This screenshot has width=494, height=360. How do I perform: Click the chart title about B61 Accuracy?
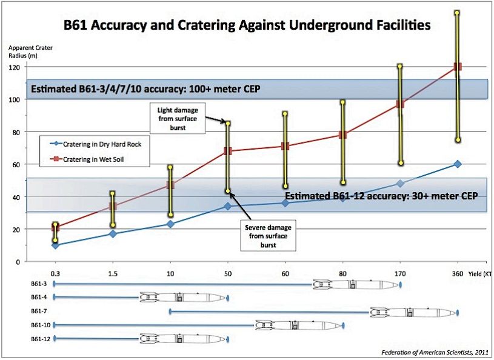(x=247, y=25)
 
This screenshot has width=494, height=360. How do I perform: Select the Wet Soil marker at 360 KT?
(x=458, y=67)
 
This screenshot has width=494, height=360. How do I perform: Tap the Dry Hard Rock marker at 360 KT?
(x=458, y=164)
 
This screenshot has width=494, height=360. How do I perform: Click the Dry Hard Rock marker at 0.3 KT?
(x=55, y=245)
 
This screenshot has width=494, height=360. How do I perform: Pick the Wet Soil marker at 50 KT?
(x=227, y=151)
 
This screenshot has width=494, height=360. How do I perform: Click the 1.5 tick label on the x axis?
(x=112, y=273)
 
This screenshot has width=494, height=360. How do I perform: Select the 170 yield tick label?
(x=399, y=273)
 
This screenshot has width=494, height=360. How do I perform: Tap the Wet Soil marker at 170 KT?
(x=399, y=104)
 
